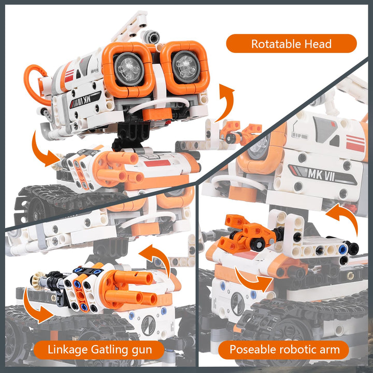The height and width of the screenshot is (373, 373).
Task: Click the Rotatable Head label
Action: coord(291,44)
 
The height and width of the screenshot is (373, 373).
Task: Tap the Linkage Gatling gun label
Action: coord(100,350)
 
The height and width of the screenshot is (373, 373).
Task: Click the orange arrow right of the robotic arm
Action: coord(346,218)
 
